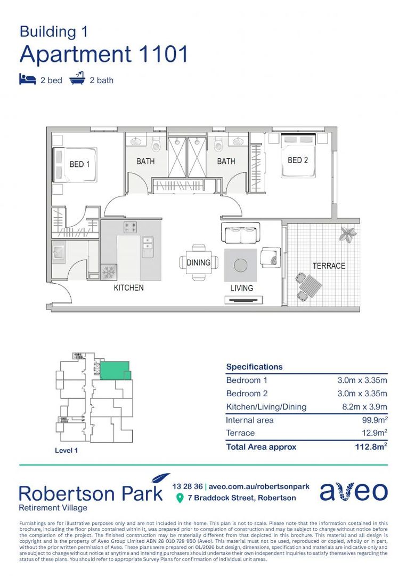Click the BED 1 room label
[79, 164]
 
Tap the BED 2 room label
[298, 160]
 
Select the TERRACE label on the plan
[329, 266]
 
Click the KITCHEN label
[128, 288]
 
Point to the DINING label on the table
[198, 262]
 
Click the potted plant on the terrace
[349, 233]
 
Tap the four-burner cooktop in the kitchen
[131, 228]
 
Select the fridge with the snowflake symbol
[109, 272]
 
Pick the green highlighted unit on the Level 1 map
[114, 370]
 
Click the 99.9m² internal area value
[374, 420]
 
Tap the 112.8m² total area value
[371, 447]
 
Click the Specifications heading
[254, 367]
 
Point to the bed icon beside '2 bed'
[28, 79]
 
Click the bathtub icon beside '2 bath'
[78, 79]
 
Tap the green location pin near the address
[180, 498]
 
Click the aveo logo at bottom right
[353, 492]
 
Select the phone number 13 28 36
[188, 486]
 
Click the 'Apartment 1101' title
[104, 54]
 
